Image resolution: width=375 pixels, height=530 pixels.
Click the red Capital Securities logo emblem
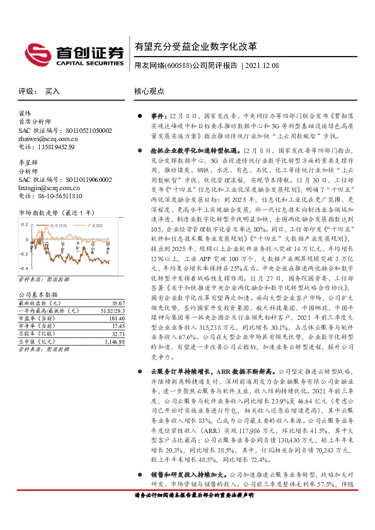pos(35,52)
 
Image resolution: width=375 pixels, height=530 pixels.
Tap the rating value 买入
pos(52,91)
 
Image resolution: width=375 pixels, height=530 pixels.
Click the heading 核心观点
pos(148,91)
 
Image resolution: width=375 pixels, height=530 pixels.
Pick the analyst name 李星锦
pos(29,163)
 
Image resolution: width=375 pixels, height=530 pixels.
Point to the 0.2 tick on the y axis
pos(25,224)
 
